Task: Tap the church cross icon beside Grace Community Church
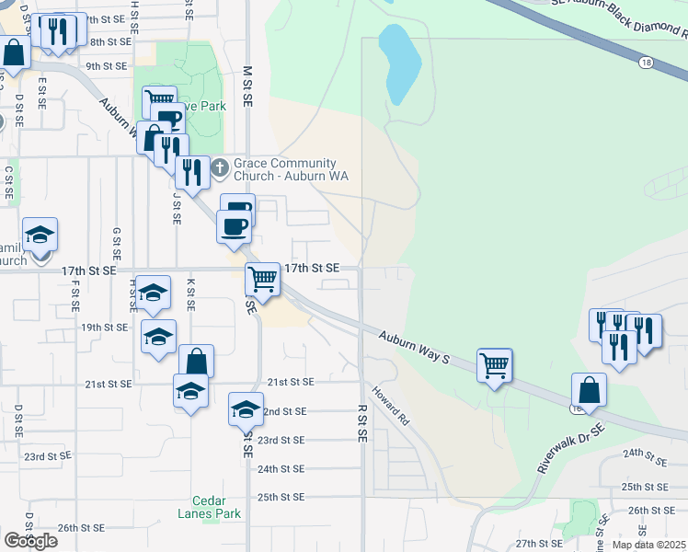tap(220, 168)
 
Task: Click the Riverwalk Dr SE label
tap(571, 450)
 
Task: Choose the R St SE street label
tap(362, 421)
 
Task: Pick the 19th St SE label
tap(104, 327)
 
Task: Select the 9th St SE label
tap(107, 66)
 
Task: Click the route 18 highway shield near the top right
tap(648, 62)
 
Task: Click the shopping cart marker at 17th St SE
tap(263, 278)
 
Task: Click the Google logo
tap(30, 541)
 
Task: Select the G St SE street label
tap(117, 243)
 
